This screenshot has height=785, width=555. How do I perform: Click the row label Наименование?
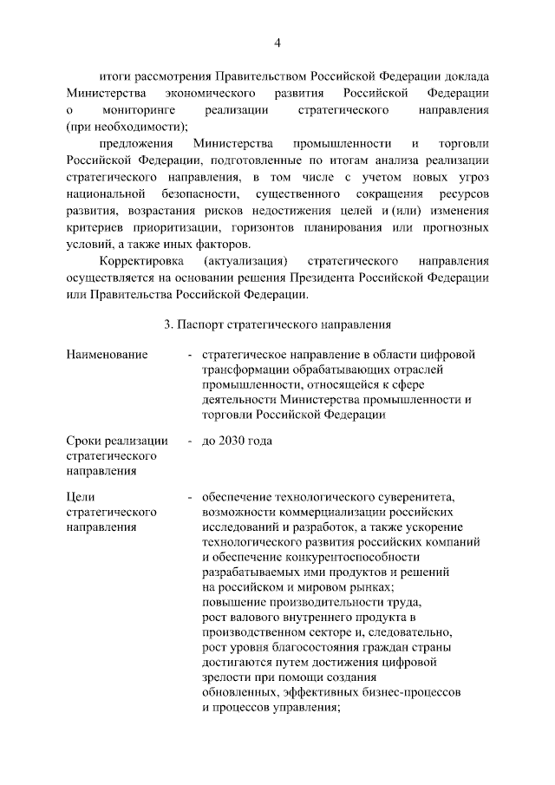(107, 355)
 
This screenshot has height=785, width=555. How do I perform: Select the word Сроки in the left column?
(85, 441)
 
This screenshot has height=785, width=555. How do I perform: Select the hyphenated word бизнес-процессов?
(408, 693)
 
